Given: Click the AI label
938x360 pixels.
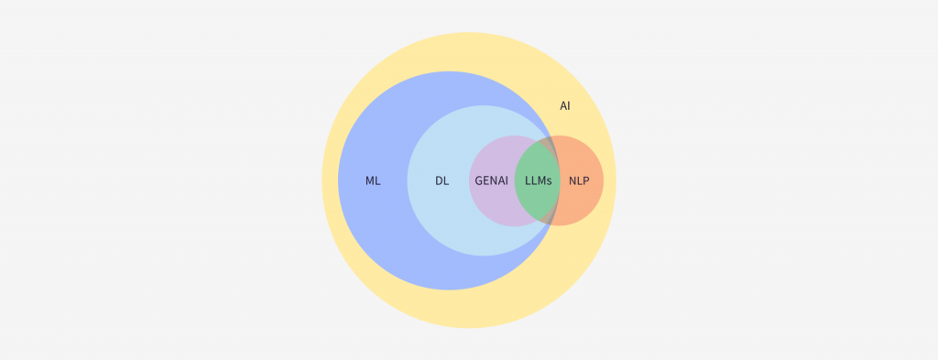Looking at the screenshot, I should [565, 106].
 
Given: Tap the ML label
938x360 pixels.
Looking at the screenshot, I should [373, 180].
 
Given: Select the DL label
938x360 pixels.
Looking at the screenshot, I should [442, 180].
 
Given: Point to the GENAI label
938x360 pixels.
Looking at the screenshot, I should [492, 180].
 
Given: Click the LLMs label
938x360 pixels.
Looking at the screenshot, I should [539, 180].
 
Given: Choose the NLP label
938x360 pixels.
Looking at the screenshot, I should [579, 180].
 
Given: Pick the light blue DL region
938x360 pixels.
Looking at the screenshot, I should [440, 220].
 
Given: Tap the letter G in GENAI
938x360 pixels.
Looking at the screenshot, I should [479, 180].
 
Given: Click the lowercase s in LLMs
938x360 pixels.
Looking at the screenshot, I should [550, 180].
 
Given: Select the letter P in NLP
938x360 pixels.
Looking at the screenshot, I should [586, 180].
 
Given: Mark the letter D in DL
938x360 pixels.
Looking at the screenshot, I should [439, 180].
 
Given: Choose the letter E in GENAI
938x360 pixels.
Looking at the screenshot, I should [486, 180].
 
